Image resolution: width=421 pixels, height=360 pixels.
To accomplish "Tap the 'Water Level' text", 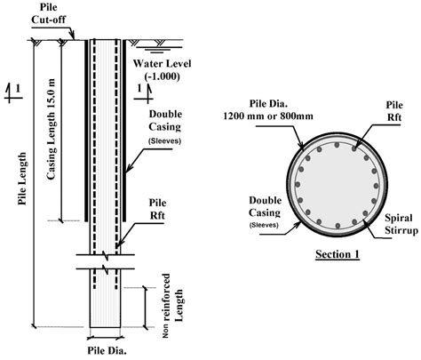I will [163, 64].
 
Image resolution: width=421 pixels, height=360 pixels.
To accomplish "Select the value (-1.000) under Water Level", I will [163, 77].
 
